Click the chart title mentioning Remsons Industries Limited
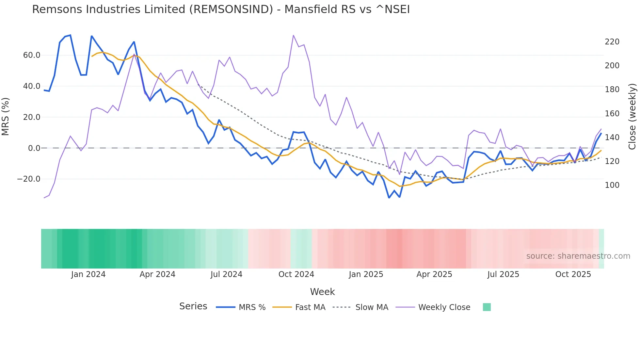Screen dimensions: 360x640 (221, 9)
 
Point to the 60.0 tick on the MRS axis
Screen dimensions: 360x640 (32, 55)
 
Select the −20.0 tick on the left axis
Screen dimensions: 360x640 (29, 179)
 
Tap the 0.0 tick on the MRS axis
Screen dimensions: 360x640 (34, 148)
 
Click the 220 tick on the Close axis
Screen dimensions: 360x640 (612, 42)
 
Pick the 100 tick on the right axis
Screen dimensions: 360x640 (612, 185)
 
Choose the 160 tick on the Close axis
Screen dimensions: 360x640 (612, 114)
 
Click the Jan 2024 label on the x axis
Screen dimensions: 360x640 (88, 274)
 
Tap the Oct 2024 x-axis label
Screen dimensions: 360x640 (296, 274)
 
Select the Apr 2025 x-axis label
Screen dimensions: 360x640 (434, 274)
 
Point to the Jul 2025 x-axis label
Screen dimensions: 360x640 (503, 274)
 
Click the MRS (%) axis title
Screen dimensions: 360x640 (6, 117)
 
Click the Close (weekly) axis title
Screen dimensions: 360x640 (632, 117)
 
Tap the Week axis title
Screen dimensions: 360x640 (322, 292)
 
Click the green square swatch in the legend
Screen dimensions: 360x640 (487, 307)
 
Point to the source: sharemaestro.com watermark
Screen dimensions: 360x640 (578, 256)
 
